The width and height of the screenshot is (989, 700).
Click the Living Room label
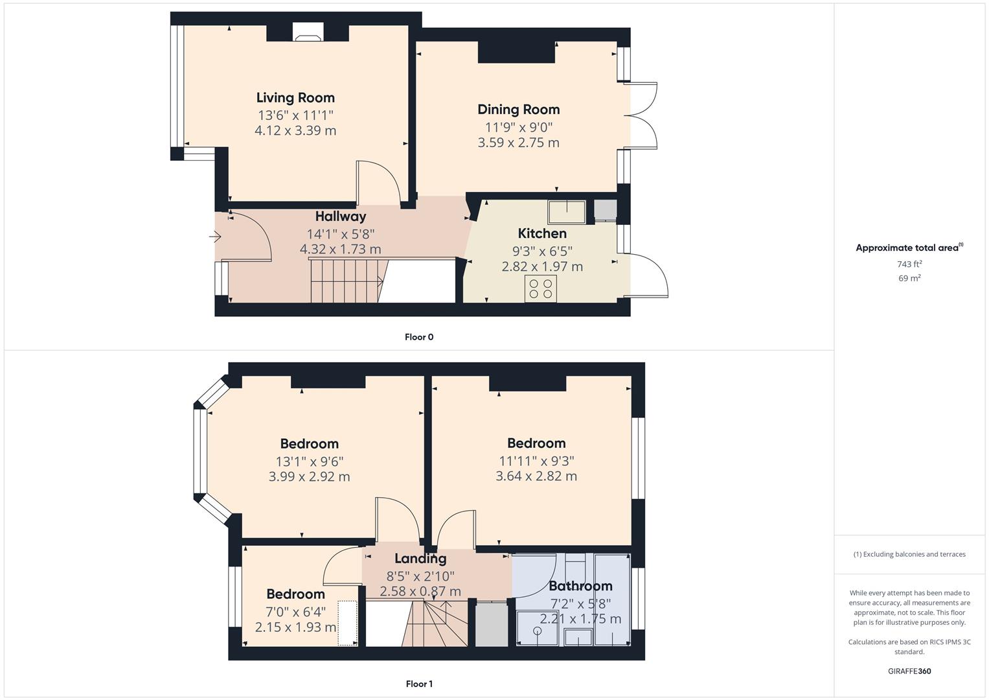click(x=295, y=98)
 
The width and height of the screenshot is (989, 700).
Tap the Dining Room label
click(x=518, y=110)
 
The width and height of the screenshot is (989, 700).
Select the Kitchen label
click(x=542, y=233)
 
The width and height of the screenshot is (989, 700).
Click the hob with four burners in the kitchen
click(x=541, y=288)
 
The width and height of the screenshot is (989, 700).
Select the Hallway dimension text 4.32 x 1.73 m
click(x=340, y=249)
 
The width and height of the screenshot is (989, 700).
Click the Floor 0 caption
click(x=419, y=337)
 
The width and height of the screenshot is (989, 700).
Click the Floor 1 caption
click(x=419, y=684)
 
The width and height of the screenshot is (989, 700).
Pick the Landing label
click(x=420, y=559)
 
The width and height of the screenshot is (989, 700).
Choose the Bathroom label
click(x=580, y=586)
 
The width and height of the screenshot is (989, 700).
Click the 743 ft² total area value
click(x=909, y=264)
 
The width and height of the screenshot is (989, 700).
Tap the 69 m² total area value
click(x=909, y=278)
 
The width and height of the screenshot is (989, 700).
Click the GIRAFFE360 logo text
click(x=909, y=671)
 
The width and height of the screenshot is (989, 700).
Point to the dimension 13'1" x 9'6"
click(x=309, y=461)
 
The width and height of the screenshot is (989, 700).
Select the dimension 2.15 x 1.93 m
click(x=295, y=627)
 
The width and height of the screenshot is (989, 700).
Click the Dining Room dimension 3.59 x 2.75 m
click(x=518, y=143)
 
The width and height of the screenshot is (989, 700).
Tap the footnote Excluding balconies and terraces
click(x=909, y=554)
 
